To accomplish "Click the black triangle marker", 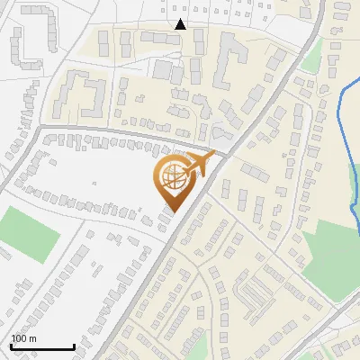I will tap(181, 24).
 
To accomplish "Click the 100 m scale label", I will tap(24, 338).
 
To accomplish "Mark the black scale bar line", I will tap(41, 346).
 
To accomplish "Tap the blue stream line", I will tap(346, 117).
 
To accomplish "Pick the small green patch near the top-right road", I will tap(310, 61).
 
